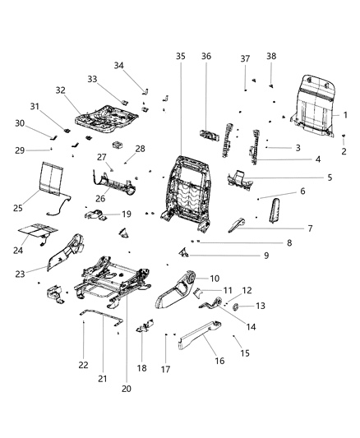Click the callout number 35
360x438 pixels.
(x=181, y=56)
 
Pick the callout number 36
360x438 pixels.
(x=206, y=56)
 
